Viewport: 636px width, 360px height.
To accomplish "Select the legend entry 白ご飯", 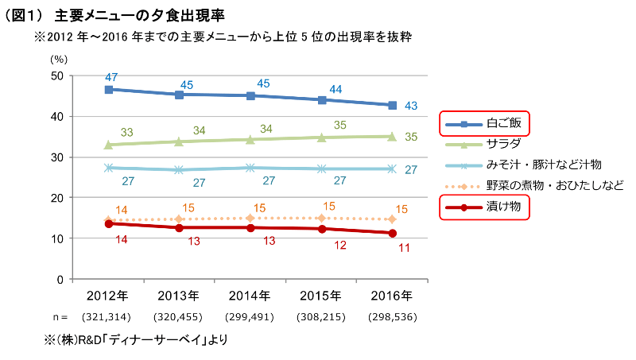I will (x=504, y=123).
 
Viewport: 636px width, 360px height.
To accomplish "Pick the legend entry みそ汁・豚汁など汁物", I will (x=544, y=165).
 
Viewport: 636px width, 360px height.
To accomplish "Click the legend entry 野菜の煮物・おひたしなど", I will (x=554, y=185).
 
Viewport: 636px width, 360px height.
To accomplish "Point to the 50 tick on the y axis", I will (x=56, y=75).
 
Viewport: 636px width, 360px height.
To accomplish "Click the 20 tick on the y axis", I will (x=56, y=198).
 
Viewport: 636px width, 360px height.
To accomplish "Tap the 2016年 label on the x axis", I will (x=392, y=296).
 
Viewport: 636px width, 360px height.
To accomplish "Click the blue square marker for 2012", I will (x=109, y=90).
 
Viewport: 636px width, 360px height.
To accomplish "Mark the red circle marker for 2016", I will (x=392, y=233).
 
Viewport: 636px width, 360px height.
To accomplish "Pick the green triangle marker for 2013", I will (x=180, y=141).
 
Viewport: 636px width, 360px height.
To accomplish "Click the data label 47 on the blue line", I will (x=111, y=77).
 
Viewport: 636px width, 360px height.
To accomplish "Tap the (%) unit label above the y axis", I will (x=60, y=59).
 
